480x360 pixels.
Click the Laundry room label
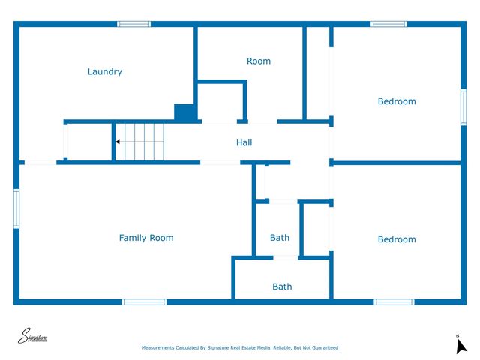click(104, 72)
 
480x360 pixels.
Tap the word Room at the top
click(259, 61)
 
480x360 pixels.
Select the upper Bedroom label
click(396, 101)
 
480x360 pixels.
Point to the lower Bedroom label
click(396, 239)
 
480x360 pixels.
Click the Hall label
click(244, 142)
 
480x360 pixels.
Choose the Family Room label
click(146, 238)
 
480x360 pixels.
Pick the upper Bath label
click(280, 238)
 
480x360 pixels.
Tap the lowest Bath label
click(282, 286)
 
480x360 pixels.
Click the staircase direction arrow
click(118, 141)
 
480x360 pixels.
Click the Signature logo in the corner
click(33, 337)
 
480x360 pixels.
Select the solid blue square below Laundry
click(184, 112)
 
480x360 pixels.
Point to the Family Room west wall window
click(16, 208)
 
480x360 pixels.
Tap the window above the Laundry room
click(134, 24)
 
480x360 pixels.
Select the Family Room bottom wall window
click(144, 301)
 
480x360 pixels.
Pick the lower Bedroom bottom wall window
click(394, 301)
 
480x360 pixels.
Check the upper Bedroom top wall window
click(388, 24)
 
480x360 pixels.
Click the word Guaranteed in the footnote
click(324, 348)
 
